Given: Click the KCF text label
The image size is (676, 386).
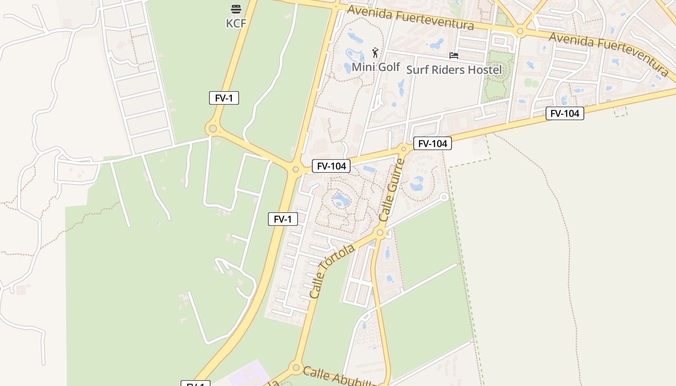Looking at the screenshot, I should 236,23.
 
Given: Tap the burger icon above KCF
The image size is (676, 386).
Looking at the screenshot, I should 236,9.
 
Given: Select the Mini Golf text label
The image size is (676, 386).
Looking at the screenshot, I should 376,67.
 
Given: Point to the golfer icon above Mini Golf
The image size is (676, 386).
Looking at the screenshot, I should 375,53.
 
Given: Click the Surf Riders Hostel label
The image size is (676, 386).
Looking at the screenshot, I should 454,69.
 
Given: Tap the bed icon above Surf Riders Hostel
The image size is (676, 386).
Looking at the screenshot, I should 453,55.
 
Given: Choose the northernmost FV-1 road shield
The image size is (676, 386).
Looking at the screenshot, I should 224,98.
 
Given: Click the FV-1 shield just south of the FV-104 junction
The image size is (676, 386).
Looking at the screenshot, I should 283,219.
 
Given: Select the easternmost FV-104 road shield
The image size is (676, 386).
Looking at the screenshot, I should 565,113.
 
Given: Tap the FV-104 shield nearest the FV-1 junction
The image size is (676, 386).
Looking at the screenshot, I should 331,166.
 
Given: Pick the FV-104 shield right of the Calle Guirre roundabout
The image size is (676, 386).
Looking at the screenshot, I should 433,143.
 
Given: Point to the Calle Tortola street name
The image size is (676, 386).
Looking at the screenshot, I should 332,271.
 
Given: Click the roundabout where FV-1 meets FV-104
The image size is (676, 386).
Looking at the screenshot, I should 296,169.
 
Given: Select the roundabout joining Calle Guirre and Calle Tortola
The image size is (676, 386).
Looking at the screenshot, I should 380,233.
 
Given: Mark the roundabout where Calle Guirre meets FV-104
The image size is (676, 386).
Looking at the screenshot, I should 404,148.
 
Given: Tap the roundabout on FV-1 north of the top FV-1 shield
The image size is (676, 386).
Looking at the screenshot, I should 211,129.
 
